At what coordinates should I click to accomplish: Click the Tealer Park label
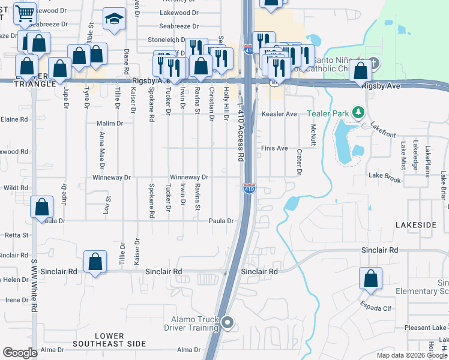coord(327,113)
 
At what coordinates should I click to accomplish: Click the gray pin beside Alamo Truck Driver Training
coord(228,323)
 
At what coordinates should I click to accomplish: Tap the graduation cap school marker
coord(113,19)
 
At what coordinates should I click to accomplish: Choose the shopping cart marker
coord(25,13)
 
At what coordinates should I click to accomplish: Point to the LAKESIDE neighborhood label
coord(415,224)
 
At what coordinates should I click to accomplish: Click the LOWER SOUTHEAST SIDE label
coord(109,340)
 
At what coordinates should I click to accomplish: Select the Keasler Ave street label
coord(279,114)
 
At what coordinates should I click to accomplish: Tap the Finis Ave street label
coord(274,148)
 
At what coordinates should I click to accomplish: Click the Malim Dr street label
coord(109,123)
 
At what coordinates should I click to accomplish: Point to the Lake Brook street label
coord(384,178)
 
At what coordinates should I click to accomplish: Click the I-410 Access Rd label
coord(241,131)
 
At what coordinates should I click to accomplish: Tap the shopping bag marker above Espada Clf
coord(370,278)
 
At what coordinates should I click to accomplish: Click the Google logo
coord(20,353)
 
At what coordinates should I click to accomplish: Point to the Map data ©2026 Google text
coord(411,355)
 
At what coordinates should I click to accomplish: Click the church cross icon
coord(373,62)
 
